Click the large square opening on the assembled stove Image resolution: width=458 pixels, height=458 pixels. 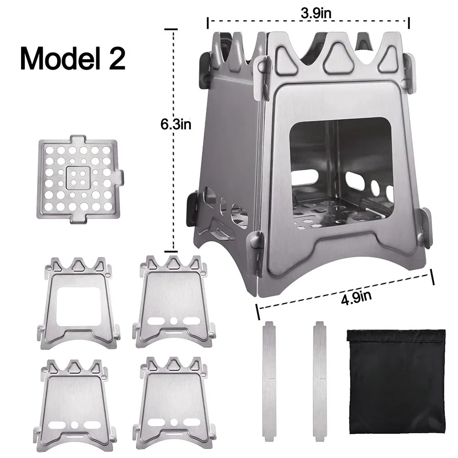[341, 156]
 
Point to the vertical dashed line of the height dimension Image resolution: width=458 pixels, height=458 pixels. [174, 183]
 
